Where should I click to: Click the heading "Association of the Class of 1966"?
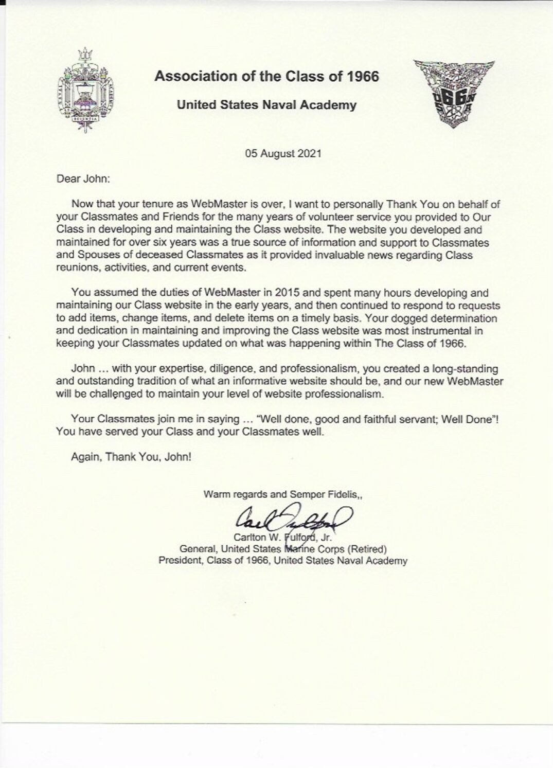pos(266,77)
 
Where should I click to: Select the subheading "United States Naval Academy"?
pos(266,105)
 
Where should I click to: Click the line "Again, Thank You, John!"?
pos(131,456)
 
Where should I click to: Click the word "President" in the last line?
pos(179,561)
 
